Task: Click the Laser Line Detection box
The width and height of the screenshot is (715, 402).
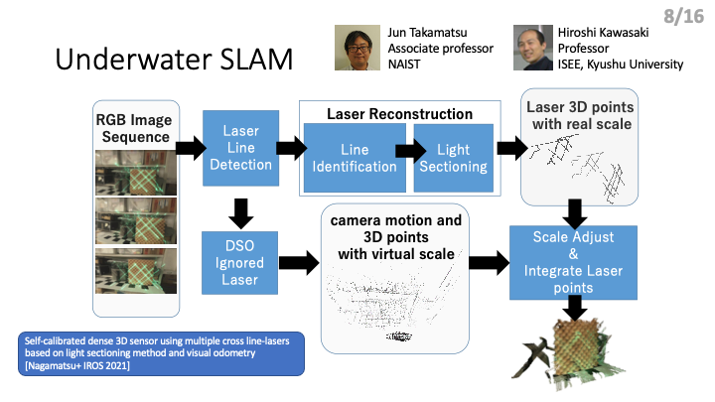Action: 240,148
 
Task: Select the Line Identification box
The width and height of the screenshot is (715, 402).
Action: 355,158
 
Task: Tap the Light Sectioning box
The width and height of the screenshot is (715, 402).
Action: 454,158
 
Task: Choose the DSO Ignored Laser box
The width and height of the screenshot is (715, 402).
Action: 240,262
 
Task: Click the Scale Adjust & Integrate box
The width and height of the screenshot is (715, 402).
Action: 573,262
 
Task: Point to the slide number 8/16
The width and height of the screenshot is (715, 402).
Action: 684,17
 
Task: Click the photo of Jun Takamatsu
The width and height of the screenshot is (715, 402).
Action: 357,48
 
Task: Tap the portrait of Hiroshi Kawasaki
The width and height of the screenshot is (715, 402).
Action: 533,48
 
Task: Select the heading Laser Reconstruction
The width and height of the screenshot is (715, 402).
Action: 400,114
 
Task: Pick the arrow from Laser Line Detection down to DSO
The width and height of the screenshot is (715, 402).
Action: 240,213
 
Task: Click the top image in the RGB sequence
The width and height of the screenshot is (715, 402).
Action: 136,173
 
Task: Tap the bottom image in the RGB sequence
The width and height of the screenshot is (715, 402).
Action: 136,271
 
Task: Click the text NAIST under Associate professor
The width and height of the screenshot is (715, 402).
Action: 404,65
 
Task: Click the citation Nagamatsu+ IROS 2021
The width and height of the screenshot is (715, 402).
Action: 77,365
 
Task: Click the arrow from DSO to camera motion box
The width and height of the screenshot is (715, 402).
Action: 299,262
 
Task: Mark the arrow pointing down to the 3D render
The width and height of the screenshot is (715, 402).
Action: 575,308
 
